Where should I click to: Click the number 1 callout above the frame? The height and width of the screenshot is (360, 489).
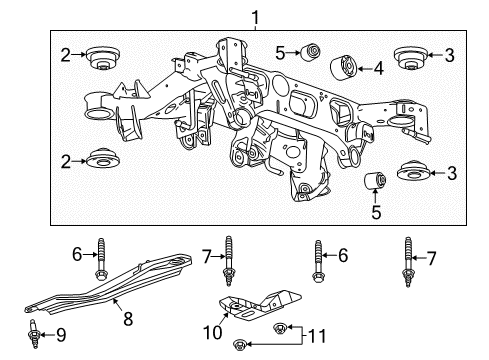tap(255, 16)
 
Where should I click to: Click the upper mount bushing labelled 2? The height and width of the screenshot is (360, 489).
tap(102, 58)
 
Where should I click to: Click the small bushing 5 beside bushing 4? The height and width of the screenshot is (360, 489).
tap(312, 49)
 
